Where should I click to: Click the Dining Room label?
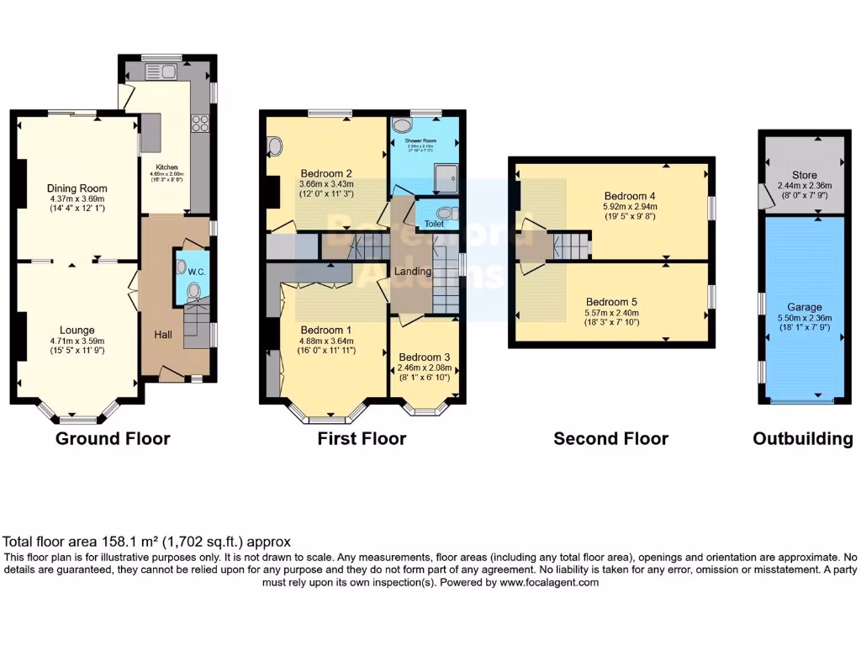(x=77, y=188)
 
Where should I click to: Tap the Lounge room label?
(x=77, y=330)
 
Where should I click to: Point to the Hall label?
(x=163, y=335)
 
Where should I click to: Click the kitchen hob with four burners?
(x=201, y=124)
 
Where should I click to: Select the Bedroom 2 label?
(x=325, y=173)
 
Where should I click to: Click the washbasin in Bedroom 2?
(x=275, y=148)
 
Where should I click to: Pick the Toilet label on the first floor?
(x=434, y=225)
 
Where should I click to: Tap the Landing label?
(x=413, y=271)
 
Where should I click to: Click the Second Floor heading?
(x=610, y=438)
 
